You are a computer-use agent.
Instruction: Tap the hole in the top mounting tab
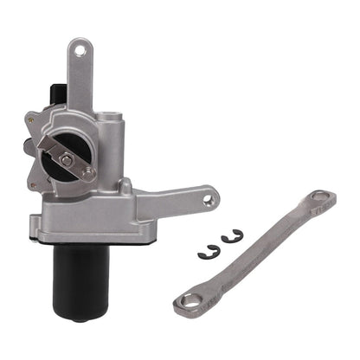click(80, 51)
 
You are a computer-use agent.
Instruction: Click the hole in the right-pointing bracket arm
click(209, 201)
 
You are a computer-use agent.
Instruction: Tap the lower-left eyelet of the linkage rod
click(188, 300)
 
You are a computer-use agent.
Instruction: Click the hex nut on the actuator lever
click(67, 160)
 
